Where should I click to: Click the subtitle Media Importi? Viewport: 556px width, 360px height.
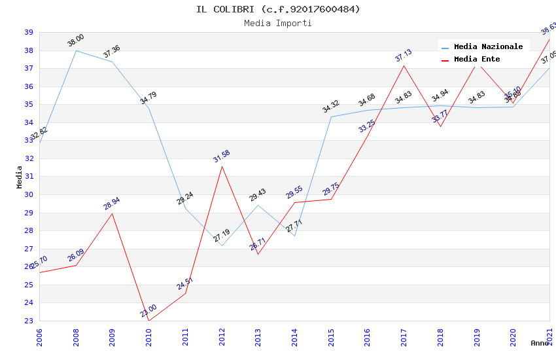[278, 23]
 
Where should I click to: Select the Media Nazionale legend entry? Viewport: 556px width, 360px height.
[488, 46]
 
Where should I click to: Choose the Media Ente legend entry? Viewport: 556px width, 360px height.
[476, 59]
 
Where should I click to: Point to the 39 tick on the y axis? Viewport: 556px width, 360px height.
[29, 32]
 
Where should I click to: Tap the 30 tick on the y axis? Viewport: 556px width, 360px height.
[29, 194]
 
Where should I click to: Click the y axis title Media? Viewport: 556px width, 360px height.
[20, 177]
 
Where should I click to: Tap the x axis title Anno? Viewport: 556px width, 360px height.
[540, 343]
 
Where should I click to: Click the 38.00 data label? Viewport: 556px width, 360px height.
[76, 41]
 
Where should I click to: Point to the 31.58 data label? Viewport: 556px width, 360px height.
[222, 156]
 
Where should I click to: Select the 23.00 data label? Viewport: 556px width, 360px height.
[148, 310]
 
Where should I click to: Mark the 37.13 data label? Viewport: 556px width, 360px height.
[404, 56]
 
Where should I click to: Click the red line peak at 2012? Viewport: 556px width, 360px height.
[222, 166]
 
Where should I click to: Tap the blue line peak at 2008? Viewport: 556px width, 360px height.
[76, 50]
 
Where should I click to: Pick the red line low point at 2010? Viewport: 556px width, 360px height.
[149, 321]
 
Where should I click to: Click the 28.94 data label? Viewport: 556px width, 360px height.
[112, 204]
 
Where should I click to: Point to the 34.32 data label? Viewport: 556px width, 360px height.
[331, 107]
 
